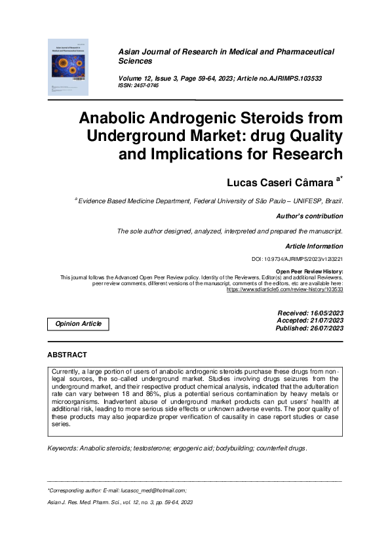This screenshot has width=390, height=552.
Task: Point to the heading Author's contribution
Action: pos(309,216)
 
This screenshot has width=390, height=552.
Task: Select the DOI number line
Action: pos(297,260)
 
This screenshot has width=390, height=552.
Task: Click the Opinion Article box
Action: pos(78,324)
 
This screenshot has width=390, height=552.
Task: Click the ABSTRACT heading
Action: pos(67,355)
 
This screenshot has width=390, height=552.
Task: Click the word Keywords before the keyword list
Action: pos(62,448)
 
